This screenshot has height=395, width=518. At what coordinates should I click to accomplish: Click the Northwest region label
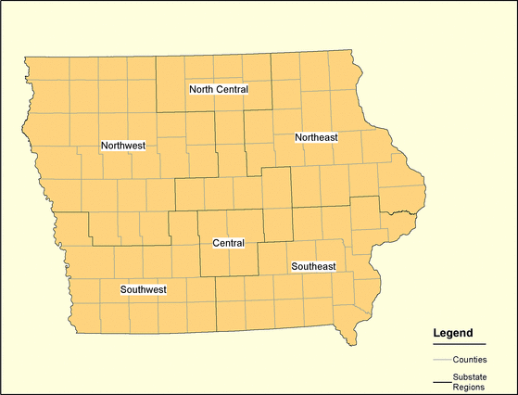pos(123,146)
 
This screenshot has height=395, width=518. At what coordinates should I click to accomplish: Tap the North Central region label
pos(219,89)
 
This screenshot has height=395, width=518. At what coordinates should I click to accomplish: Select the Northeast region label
pos(316,137)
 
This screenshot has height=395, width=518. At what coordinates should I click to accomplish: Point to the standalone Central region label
pos(228,243)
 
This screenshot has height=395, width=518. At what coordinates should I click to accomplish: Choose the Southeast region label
pos(313,266)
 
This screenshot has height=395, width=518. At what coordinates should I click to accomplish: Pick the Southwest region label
pos(144,290)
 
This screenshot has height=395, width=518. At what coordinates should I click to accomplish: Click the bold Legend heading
pos(453,332)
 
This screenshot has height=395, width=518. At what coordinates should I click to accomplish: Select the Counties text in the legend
pos(471,359)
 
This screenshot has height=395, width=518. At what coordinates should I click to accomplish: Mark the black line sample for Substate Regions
pos(441,381)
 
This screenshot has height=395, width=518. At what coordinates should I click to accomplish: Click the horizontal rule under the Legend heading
pos(460,343)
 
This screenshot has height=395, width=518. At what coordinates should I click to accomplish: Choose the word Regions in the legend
pos(469,387)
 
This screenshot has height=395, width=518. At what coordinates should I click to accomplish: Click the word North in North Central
pos(201,89)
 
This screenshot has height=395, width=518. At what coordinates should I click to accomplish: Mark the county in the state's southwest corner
pos(86,316)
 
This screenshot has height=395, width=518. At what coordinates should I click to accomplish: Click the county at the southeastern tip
pos(346,326)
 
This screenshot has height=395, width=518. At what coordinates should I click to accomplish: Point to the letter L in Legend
pos(437,332)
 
